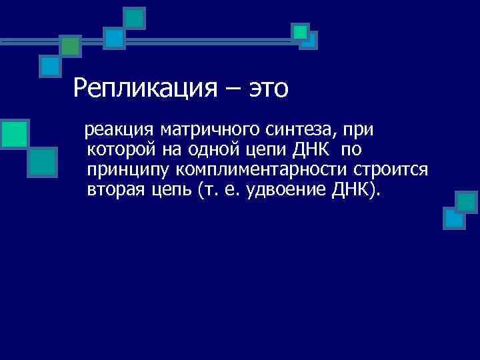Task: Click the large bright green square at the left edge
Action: pyautogui.click(x=14, y=133)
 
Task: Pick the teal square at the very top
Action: pyautogui.click(x=135, y=18)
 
